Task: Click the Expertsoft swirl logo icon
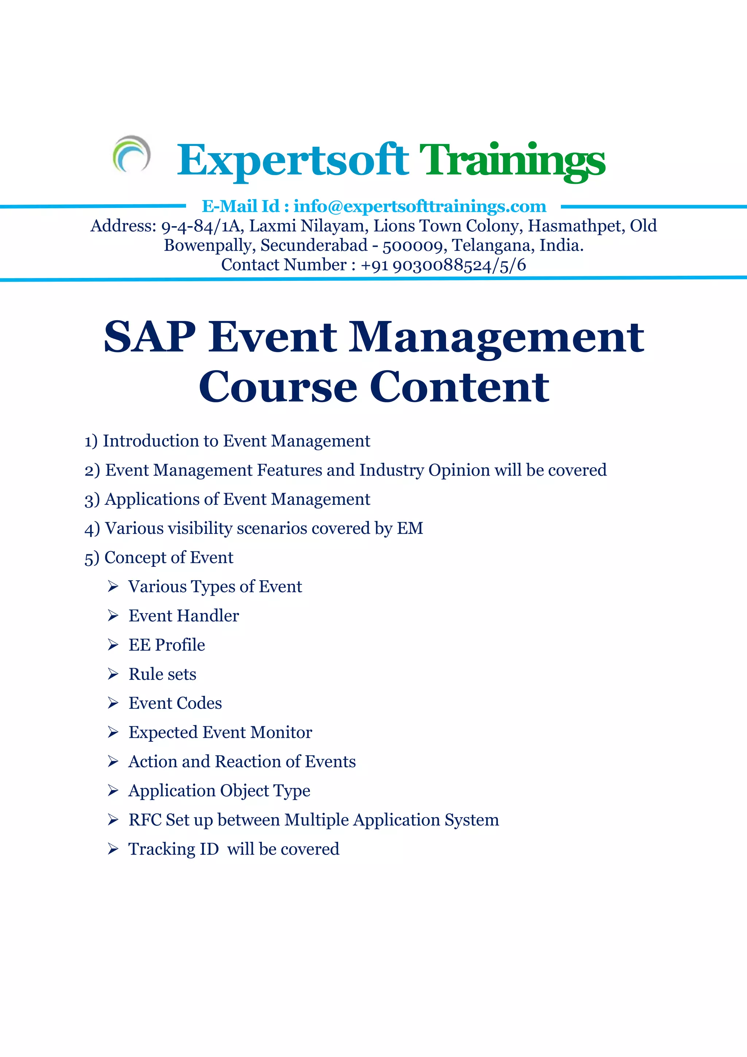132,154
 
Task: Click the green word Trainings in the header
512,160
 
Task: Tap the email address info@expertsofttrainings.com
420,206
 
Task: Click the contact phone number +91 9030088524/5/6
443,265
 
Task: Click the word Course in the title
278,387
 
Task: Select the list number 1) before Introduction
91,441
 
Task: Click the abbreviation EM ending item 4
410,528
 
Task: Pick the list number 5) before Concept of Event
92,558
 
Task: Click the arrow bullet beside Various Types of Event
113,586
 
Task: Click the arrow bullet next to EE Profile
113,645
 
